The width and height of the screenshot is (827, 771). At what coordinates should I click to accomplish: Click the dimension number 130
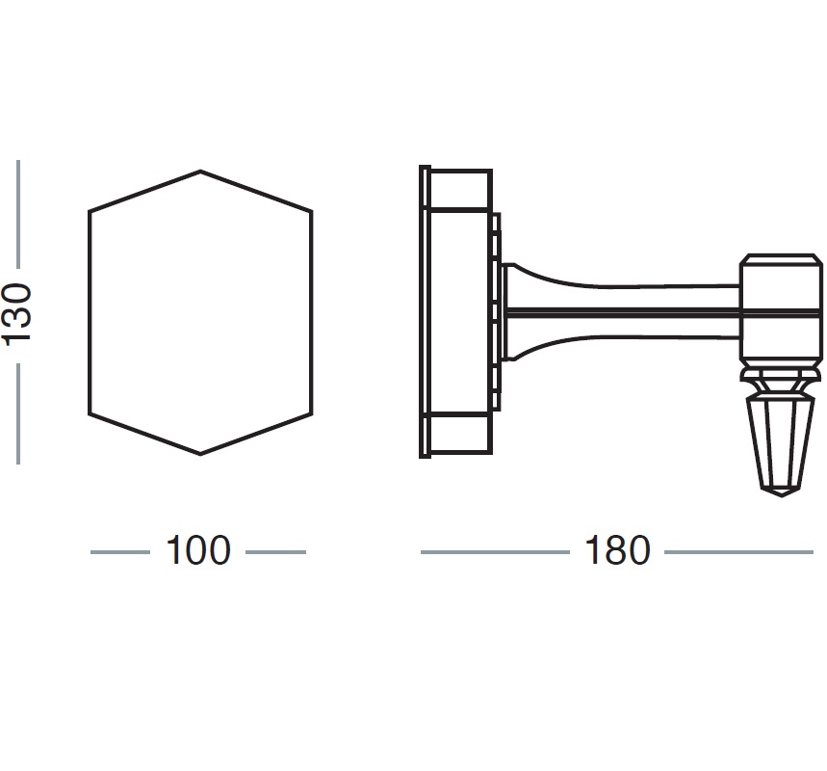pos(17,313)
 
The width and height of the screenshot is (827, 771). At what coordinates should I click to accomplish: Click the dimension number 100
pos(198,551)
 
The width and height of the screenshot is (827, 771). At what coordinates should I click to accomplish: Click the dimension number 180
pos(617,551)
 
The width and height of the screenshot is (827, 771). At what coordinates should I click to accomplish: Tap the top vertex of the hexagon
pos(200,172)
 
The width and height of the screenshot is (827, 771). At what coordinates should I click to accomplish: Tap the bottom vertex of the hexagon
pos(200,454)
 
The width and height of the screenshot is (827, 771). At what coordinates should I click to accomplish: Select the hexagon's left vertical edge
pos(90,313)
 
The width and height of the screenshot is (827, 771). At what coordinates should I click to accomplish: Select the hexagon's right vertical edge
pos(312,313)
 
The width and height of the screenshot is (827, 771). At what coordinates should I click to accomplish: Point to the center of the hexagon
pos(200,313)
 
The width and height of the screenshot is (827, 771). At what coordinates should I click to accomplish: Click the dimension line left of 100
pos(120,552)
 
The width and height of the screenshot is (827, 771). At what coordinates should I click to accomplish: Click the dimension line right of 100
pos(275,552)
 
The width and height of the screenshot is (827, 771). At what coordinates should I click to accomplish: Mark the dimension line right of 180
pos(738,552)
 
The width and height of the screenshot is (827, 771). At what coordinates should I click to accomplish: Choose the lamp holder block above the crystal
pos(781,308)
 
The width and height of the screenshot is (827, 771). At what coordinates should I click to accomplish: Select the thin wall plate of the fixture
pos(424,311)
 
